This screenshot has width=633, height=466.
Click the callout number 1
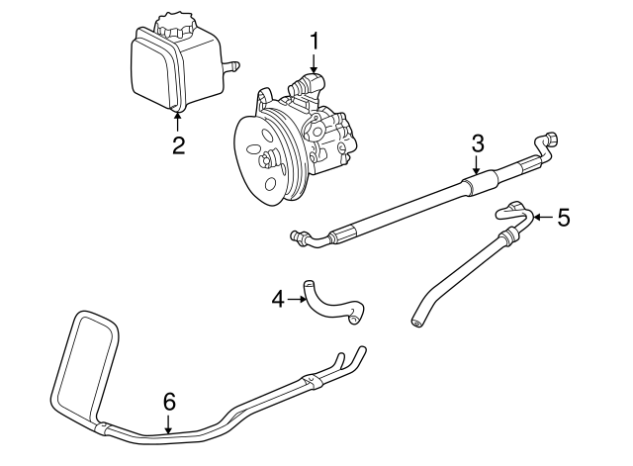[315, 42]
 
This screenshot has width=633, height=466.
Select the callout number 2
[178, 145]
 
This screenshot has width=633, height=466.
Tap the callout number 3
[477, 142]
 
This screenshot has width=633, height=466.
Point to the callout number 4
[277, 298]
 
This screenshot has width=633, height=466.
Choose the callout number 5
[564, 217]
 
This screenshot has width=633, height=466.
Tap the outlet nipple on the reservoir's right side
[234, 66]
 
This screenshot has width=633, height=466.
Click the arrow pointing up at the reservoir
[178, 121]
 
